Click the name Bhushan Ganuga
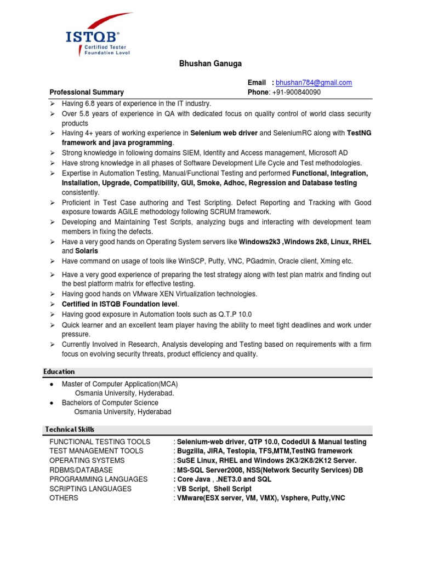pyautogui.click(x=210, y=64)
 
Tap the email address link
pyautogui.click(x=314, y=83)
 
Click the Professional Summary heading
pyautogui.click(x=87, y=93)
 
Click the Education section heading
pyautogui.click(x=60, y=372)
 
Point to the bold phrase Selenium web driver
pyautogui.click(x=224, y=133)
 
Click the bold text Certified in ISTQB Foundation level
pyautogui.click(x=120, y=304)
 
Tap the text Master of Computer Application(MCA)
pyautogui.click(x=120, y=384)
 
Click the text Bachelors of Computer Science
pyautogui.click(x=110, y=403)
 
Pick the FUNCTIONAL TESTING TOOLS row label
pyautogui.click(x=100, y=442)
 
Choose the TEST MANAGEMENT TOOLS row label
pyautogui.click(x=96, y=451)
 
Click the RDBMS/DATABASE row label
pyautogui.click(x=81, y=470)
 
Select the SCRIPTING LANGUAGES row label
pyautogui.click(x=90, y=489)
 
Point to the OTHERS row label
pyautogui.click(x=64, y=498)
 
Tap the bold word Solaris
pyautogui.click(x=87, y=251)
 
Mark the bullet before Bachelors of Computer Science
pyautogui.click(x=51, y=403)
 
